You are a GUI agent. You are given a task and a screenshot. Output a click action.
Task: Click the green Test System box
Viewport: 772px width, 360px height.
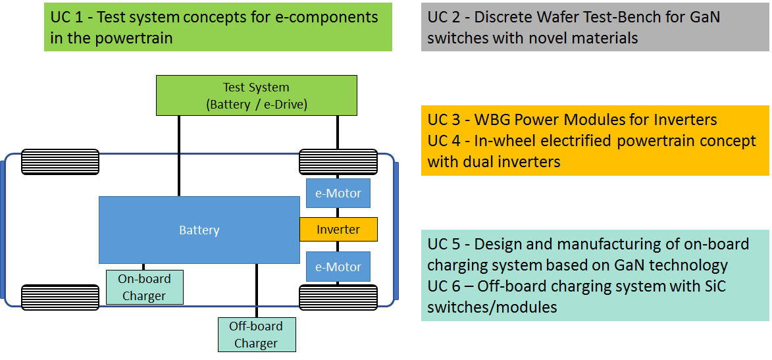[x=256, y=95]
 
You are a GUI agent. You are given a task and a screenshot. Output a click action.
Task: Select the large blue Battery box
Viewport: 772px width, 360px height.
[x=199, y=230]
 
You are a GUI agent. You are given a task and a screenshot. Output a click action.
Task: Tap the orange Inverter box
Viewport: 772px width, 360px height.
[x=338, y=230]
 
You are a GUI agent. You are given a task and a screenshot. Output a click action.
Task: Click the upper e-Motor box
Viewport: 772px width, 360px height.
[x=338, y=193]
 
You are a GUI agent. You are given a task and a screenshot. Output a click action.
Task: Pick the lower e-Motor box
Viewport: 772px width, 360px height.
[x=338, y=267]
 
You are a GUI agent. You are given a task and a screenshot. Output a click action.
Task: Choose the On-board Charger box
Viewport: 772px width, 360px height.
[x=144, y=287]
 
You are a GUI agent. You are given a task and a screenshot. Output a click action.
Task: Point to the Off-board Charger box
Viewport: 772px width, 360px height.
[x=257, y=334]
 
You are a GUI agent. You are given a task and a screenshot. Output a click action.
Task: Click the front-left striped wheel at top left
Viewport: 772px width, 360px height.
[x=61, y=162]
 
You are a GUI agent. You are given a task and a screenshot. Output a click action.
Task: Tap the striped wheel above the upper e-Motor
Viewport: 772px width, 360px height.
[x=338, y=162]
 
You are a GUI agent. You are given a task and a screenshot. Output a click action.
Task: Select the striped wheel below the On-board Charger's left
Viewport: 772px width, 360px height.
[x=61, y=297]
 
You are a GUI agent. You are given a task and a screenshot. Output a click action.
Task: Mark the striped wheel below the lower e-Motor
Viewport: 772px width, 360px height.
[x=338, y=297]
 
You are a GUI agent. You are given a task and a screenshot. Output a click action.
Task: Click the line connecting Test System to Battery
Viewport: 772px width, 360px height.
[x=179, y=155]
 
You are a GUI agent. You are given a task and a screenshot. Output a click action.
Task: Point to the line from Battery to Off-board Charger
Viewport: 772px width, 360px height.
[x=257, y=290]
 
